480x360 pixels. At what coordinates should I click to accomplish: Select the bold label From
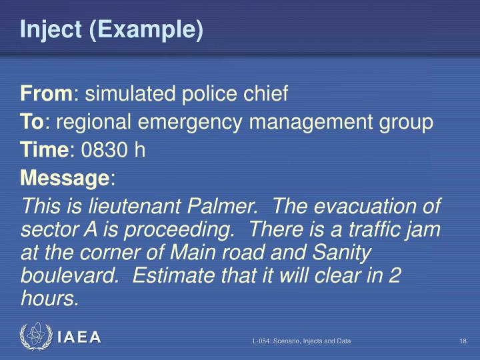46,95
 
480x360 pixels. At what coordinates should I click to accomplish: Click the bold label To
31,123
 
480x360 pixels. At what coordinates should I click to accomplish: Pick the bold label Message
65,178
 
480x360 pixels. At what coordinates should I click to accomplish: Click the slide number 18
462,342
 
